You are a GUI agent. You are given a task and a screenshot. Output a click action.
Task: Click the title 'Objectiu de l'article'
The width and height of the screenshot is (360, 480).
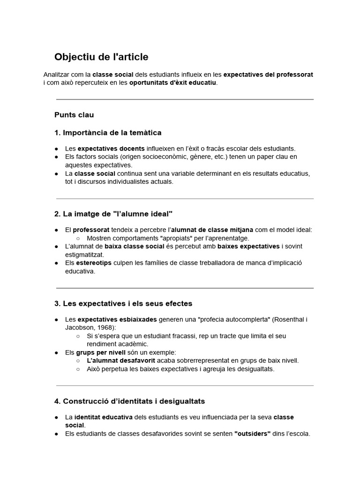(x=101, y=57)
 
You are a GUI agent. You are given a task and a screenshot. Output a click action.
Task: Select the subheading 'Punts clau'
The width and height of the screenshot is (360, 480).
(x=74, y=115)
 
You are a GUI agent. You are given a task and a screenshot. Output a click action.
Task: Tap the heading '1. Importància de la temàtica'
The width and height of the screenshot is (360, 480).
(x=108, y=133)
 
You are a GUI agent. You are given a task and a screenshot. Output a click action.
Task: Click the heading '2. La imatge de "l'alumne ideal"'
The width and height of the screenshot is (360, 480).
(x=113, y=214)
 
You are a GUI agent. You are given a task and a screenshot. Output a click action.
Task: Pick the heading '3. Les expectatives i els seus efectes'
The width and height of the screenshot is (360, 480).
(x=123, y=303)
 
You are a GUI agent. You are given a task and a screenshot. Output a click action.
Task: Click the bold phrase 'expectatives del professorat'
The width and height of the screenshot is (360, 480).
(x=268, y=75)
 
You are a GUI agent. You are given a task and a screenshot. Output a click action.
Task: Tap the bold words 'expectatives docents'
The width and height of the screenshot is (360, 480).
(x=105, y=148)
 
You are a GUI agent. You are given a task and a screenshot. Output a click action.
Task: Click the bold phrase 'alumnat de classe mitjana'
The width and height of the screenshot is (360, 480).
(x=212, y=230)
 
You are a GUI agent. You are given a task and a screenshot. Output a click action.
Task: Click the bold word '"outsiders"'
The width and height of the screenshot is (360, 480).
(x=252, y=434)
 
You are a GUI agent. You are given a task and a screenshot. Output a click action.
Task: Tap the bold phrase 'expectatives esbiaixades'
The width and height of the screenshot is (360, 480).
(x=117, y=319)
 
